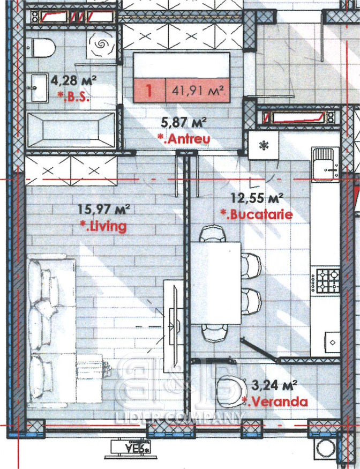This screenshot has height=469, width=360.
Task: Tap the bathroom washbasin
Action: pos(39,88)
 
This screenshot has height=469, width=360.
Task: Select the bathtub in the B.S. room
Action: pos(71,130)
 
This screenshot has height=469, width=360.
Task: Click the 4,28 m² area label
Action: pos(73,80)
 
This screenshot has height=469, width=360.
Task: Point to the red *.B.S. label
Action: pos(73,96)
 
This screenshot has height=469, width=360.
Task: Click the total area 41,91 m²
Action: pos(198,90)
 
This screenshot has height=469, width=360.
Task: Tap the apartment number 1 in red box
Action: pos(149,90)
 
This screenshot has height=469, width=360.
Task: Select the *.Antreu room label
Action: pos(184,138)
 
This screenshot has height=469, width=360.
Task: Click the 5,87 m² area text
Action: pos(184,122)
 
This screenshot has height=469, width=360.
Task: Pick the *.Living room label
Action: pos(103,226)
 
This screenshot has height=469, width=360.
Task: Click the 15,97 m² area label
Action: pos(104,209)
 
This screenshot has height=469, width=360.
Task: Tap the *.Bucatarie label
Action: pos(257,214)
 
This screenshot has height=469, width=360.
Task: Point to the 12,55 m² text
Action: pos(257,198)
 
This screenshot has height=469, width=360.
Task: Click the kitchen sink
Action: pos(325,164)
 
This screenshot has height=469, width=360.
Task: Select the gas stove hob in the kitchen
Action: pos(325,281)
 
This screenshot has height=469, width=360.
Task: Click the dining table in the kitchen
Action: pos(216,283)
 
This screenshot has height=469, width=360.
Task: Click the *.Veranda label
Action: pos(274,401)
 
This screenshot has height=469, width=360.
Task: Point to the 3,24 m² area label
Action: pos(274,385)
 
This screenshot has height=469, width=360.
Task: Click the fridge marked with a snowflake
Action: pos(264,145)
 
